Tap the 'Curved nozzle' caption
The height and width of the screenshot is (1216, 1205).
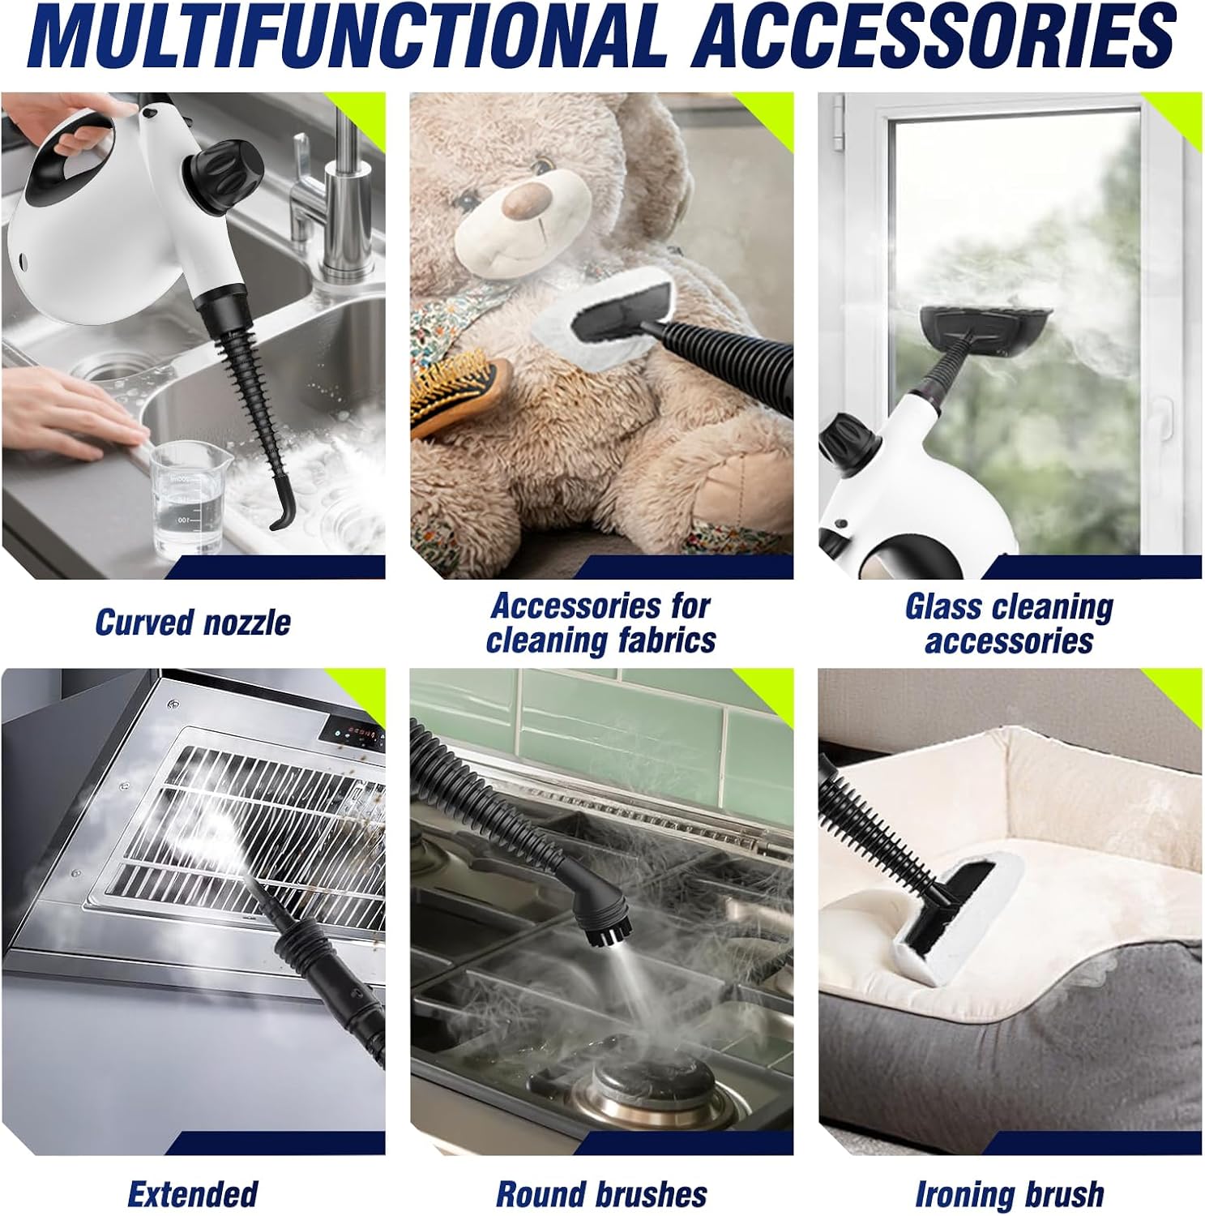click(x=193, y=623)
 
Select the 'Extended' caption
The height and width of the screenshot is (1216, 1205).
click(x=193, y=1194)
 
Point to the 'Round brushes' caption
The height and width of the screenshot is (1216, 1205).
click(x=601, y=1194)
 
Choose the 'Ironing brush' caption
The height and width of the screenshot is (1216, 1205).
click(x=1010, y=1194)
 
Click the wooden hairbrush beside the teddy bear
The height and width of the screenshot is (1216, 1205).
click(x=459, y=392)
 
